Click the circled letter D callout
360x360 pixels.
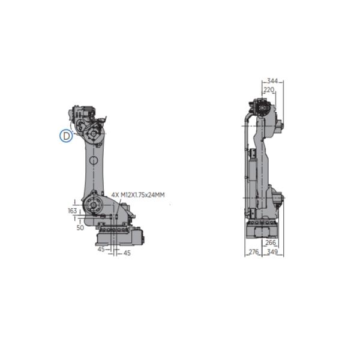65,136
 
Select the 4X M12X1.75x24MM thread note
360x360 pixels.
138,195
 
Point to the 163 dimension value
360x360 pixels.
73,211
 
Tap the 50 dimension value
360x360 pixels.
80,228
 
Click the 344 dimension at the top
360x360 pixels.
272,80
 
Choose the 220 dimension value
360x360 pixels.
269,89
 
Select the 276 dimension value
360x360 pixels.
253,253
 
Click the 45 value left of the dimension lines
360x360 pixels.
101,249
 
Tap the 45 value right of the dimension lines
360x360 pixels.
127,254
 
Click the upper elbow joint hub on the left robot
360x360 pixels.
94,132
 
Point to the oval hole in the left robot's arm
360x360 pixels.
94,161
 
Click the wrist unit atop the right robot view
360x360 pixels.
262,109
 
